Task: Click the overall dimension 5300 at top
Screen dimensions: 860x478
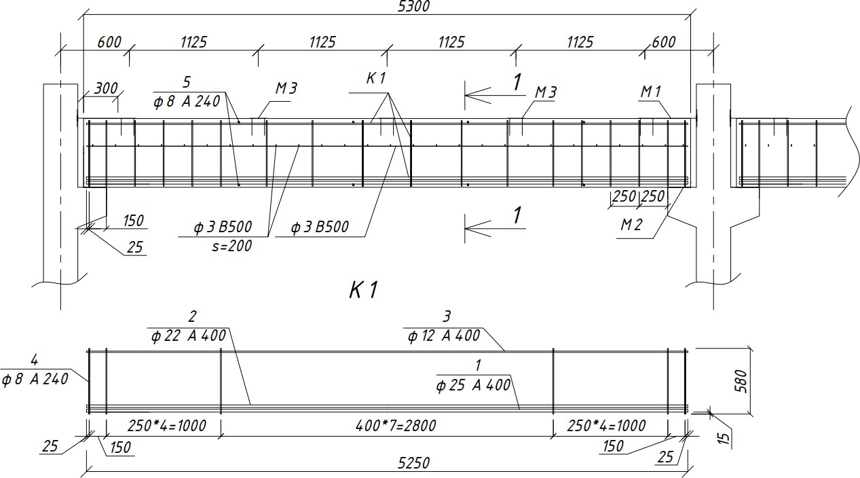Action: pos(413,6)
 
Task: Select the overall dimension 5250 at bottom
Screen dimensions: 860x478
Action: pos(413,463)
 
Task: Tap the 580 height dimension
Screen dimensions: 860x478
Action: pos(741,382)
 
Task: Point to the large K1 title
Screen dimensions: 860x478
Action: pos(363,290)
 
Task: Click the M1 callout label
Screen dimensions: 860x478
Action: pos(651,92)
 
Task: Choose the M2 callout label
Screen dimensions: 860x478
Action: pos(631,225)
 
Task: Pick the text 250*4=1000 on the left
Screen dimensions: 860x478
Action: pos(166,426)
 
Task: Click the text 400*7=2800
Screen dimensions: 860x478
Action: pos(396,426)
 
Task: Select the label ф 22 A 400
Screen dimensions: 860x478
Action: pos(189,336)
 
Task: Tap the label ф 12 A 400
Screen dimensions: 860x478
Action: pos(444,336)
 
